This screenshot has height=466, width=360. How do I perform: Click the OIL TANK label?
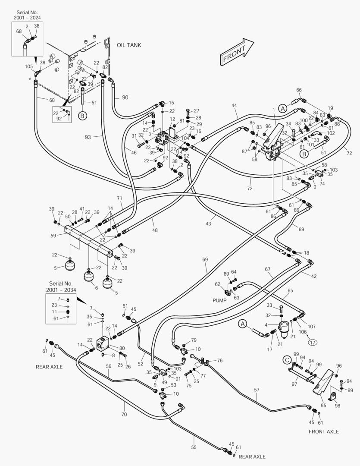(128, 45)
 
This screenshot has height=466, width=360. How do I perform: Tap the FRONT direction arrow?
(237, 52)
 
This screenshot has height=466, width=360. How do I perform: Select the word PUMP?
(219, 299)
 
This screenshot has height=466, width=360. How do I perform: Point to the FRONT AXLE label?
(324, 431)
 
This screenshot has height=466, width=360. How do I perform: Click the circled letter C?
(287, 359)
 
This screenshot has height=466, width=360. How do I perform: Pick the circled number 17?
(312, 343)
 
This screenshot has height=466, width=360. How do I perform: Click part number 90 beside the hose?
(125, 98)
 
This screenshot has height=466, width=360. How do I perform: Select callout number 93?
(88, 137)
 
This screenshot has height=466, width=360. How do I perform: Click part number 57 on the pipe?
(257, 390)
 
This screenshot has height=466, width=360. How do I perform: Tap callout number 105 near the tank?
(29, 66)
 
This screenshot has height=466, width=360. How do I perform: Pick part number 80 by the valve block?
(122, 348)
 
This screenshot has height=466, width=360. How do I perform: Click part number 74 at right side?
(322, 183)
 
